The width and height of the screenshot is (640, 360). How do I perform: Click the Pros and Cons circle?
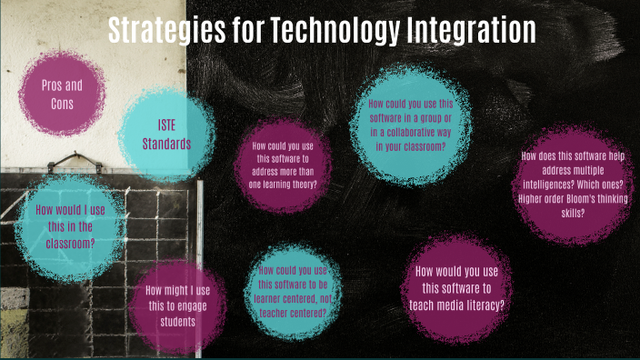(62, 94)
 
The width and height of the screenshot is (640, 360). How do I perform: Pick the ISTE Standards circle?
(167, 134)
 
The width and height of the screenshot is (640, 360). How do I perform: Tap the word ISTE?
(167, 125)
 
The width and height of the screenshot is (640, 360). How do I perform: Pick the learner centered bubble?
(293, 291)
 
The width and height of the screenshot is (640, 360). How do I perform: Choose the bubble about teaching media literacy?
(457, 288)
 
